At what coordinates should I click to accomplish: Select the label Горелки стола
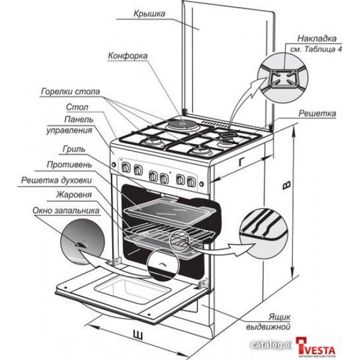tap(71, 93)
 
